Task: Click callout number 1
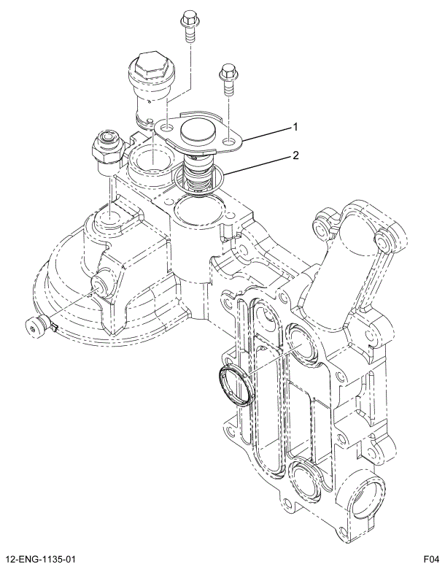[295, 127]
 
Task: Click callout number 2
[295, 155]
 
